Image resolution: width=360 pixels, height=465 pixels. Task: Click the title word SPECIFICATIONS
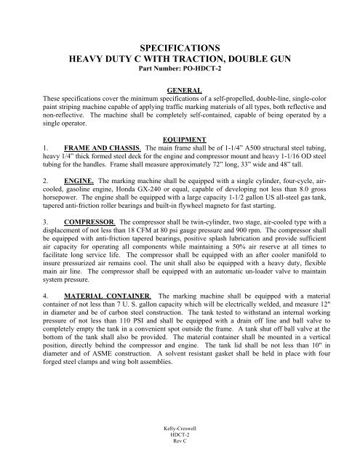pos(180,44)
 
